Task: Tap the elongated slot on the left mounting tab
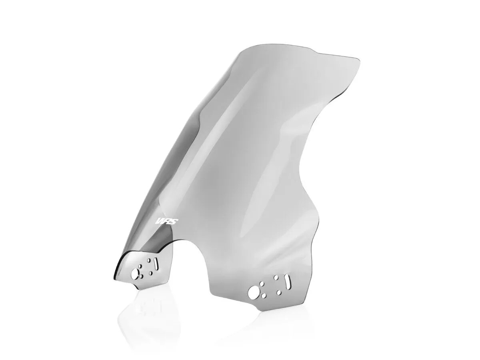tap(156, 264)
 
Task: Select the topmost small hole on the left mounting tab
tap(149, 260)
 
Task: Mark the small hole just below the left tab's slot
tap(151, 273)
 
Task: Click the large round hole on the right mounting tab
tap(254, 292)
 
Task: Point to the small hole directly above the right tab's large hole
tap(261, 285)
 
